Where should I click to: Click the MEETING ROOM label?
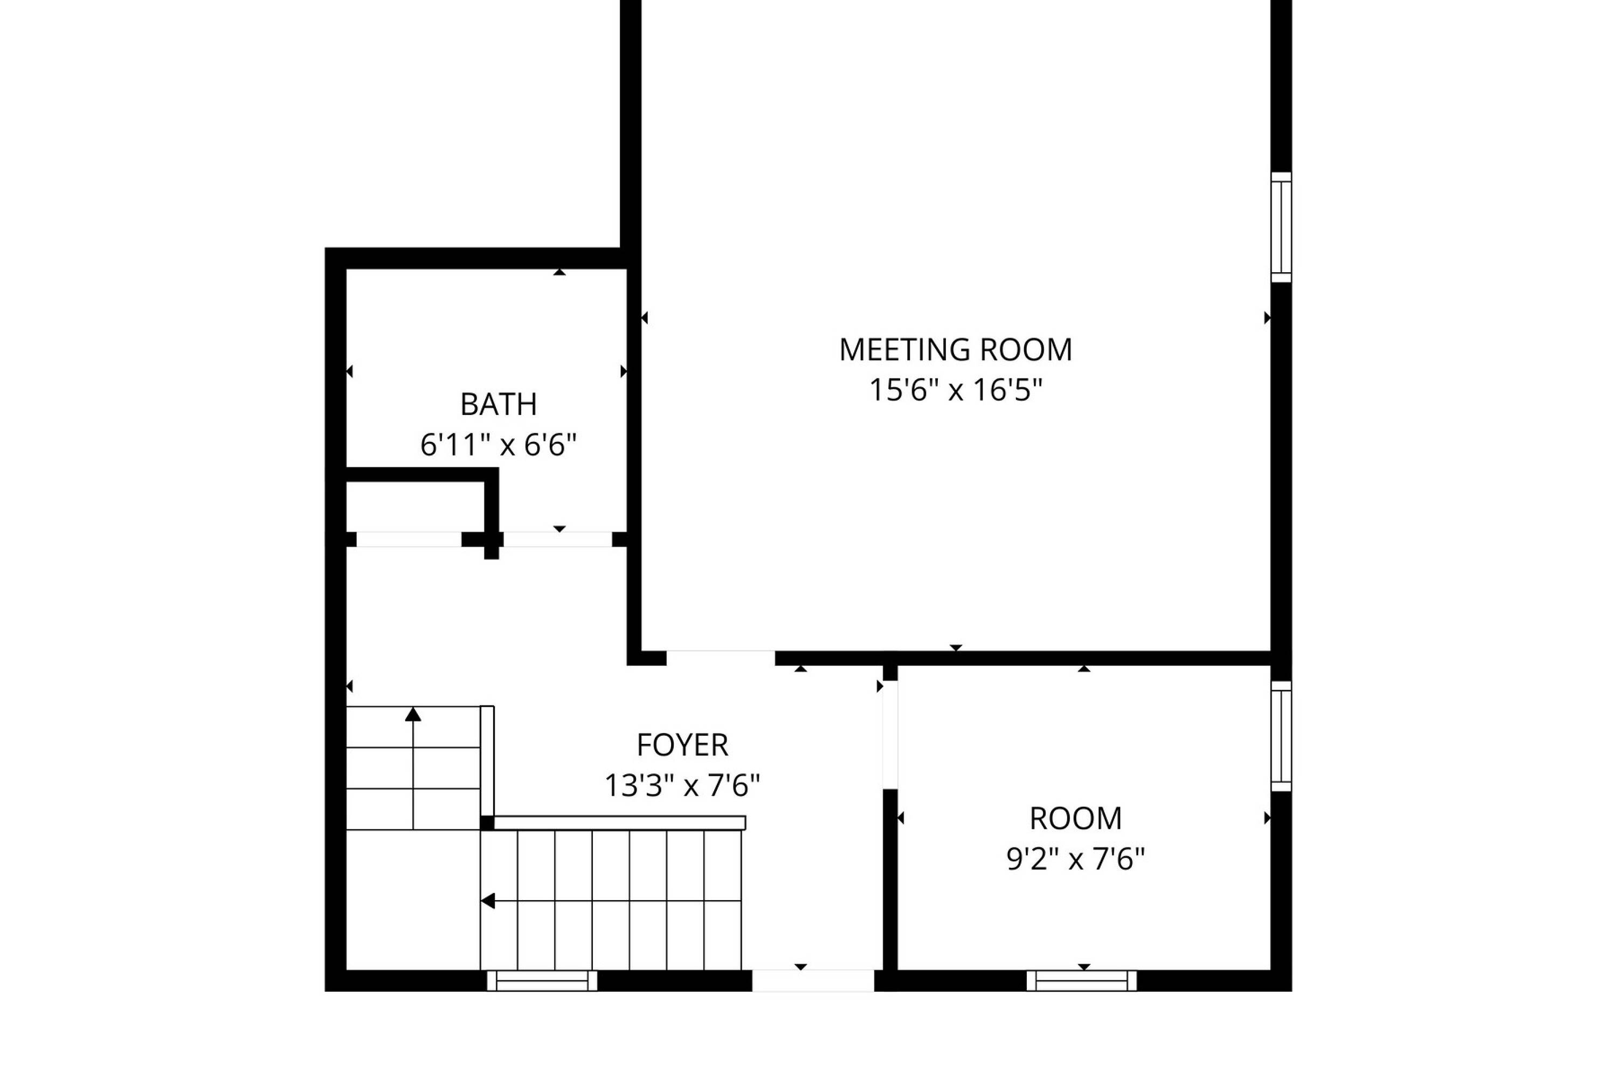click(x=956, y=350)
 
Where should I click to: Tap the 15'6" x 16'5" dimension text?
click(x=956, y=390)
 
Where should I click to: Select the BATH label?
click(x=499, y=404)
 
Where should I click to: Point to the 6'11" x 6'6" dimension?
click(x=499, y=445)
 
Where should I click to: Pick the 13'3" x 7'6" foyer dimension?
click(x=682, y=785)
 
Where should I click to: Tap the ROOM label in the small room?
click(x=1076, y=819)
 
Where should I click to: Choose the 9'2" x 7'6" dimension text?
click(x=1076, y=859)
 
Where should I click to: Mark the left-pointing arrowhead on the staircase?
click(x=487, y=901)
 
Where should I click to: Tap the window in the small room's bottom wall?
click(x=1081, y=980)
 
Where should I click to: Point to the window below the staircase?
click(x=542, y=980)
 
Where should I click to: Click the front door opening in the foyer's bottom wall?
click(x=813, y=980)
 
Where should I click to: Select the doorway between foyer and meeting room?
click(x=721, y=658)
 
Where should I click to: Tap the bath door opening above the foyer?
click(x=557, y=539)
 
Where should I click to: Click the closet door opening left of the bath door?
click(x=409, y=539)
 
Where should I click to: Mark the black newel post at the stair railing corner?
click(x=487, y=823)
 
